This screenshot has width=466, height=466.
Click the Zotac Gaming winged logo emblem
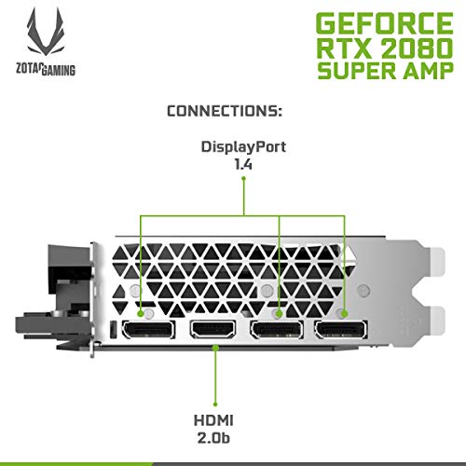(x=46, y=33)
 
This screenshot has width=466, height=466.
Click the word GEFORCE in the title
(x=385, y=23)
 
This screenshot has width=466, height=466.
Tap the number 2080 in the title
(x=417, y=48)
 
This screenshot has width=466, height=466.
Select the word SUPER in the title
(x=357, y=71)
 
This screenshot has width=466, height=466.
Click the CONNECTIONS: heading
(x=225, y=111)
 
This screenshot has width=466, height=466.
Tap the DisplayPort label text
(x=243, y=147)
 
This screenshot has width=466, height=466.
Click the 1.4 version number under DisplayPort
(x=243, y=164)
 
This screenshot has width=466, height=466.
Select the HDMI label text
(x=213, y=420)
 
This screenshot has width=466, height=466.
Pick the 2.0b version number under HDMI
(x=213, y=438)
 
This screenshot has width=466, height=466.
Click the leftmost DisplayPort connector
(x=148, y=330)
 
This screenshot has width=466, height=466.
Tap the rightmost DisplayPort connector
(x=341, y=330)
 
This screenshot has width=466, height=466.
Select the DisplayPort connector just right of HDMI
(x=277, y=330)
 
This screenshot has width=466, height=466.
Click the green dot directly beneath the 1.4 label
(x=244, y=178)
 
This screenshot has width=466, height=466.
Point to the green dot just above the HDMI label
(x=215, y=404)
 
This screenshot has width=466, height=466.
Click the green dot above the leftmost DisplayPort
(x=141, y=314)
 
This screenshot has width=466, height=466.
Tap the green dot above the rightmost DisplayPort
(x=344, y=314)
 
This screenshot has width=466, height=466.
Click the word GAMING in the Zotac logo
(x=59, y=70)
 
